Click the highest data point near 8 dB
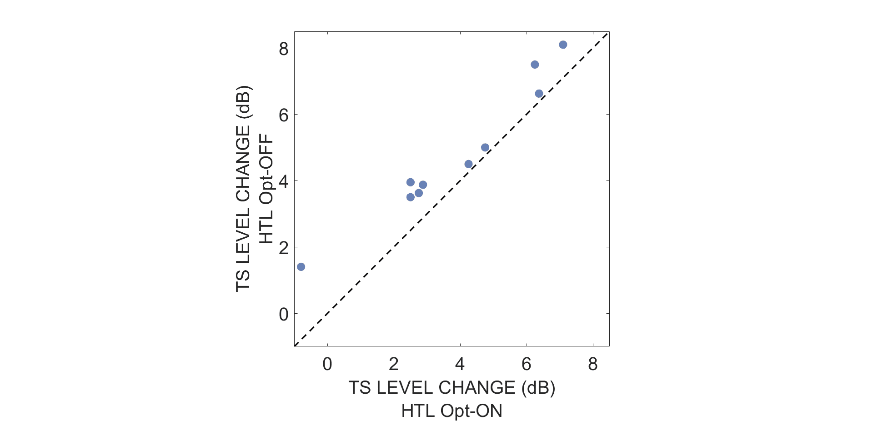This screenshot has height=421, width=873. point(563,45)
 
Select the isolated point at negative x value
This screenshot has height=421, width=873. point(301,267)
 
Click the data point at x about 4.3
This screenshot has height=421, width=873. point(468,164)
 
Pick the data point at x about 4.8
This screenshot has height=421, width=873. point(485,147)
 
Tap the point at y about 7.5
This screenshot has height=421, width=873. point(535,65)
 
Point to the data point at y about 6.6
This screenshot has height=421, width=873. point(539,94)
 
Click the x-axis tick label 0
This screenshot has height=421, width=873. point(327,364)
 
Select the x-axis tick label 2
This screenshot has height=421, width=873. point(394,364)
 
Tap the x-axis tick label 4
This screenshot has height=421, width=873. point(460,364)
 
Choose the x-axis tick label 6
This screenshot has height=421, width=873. point(527,364)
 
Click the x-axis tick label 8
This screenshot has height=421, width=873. point(593,364)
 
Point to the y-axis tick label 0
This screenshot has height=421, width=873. point(284,314)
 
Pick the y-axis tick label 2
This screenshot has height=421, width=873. point(284,248)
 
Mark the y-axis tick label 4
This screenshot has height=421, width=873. point(284,181)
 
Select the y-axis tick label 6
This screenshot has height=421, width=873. point(284,115)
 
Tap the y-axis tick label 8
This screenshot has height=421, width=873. point(284,49)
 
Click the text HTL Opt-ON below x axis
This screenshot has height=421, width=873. point(452,411)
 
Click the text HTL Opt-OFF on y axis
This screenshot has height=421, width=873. point(266,189)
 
